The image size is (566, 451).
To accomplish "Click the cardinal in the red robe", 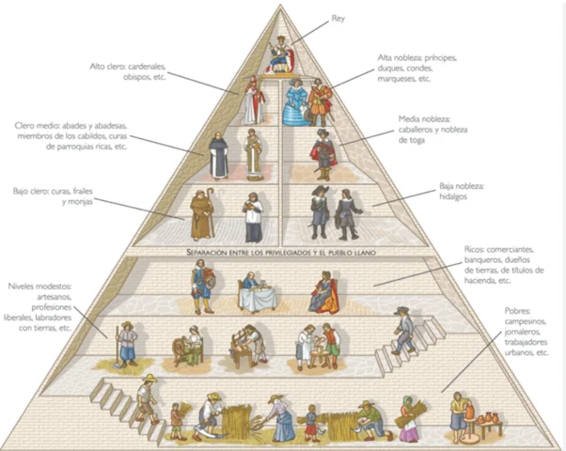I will pyautogui.click(x=251, y=101).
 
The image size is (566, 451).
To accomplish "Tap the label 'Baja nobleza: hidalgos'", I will pyautogui.click(x=460, y=192).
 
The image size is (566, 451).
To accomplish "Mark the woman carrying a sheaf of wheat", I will pyautogui.click(x=409, y=417).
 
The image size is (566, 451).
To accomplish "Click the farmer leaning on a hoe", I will pyautogui.click(x=127, y=343).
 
